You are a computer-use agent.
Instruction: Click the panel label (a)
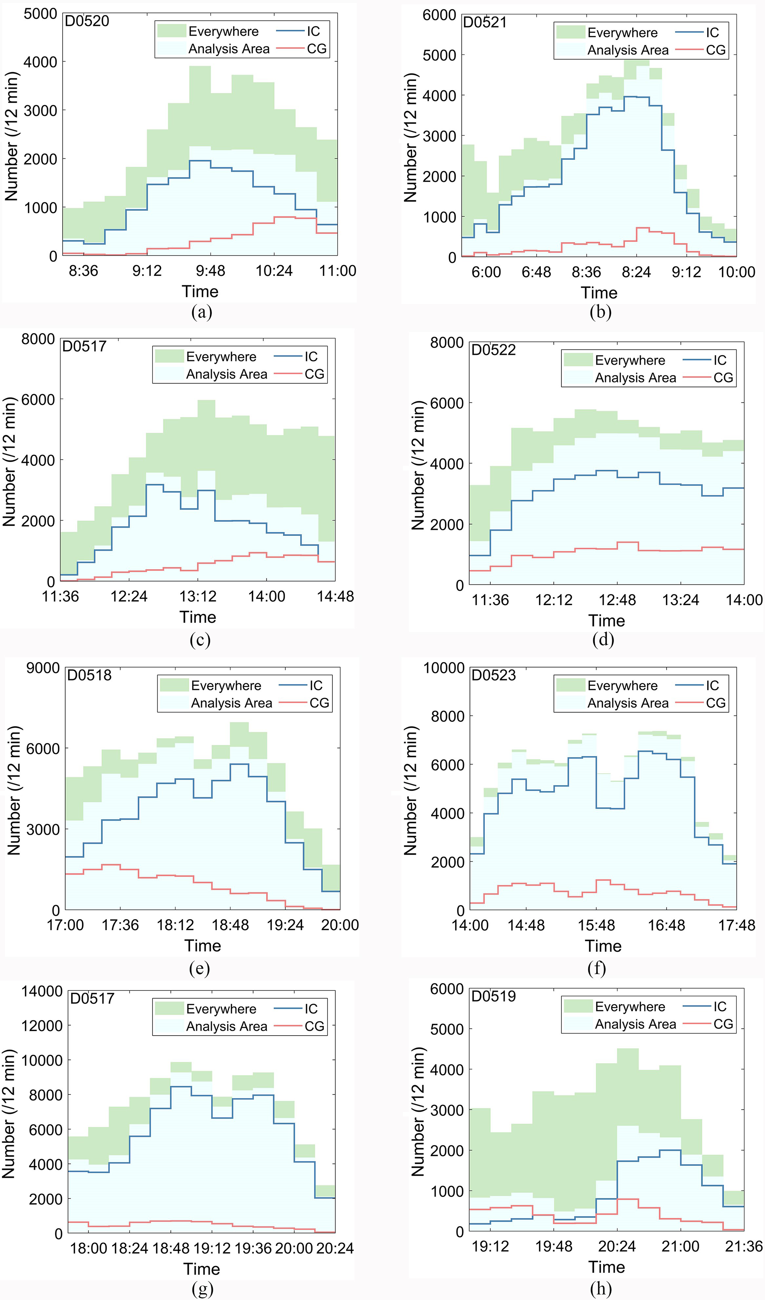click(x=201, y=312)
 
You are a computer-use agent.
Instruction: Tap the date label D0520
click(x=87, y=21)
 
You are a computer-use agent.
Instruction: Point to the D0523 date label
click(x=493, y=675)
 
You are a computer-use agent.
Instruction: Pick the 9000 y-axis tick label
click(x=43, y=668)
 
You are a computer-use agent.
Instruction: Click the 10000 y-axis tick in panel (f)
click(x=444, y=668)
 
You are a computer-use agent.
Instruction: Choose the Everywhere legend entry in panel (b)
click(x=622, y=33)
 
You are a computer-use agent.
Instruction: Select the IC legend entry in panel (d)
click(x=719, y=360)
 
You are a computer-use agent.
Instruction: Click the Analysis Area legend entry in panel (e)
click(x=231, y=703)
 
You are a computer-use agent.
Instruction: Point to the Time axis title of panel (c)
click(x=198, y=617)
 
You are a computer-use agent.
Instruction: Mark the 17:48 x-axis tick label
click(x=736, y=925)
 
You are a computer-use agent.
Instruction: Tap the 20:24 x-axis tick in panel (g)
click(x=335, y=1249)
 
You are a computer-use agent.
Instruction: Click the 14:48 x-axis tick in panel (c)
click(x=335, y=597)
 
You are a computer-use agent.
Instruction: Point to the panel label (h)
click(x=601, y=1288)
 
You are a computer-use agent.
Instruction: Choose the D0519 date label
click(x=493, y=996)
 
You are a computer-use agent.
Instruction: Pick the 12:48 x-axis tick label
click(x=617, y=600)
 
